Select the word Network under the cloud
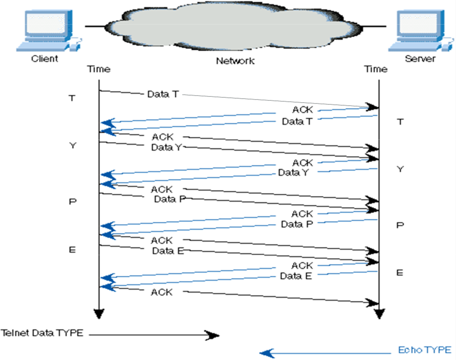point(235,61)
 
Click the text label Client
point(44,58)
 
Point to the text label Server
point(420,58)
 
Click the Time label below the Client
point(99,69)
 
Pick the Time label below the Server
point(376,69)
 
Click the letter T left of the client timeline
point(72,98)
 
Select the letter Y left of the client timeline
point(73,145)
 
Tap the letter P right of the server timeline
point(400,225)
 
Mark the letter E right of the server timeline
point(400,273)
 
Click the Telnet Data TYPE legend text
point(42,333)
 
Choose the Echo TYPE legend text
point(424,350)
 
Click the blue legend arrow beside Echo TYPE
point(325,352)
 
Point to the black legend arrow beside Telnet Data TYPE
point(154,335)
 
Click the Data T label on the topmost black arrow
point(162,94)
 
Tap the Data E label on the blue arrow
point(296,276)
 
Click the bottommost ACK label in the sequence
point(162,292)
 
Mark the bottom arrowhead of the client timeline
point(99,314)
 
